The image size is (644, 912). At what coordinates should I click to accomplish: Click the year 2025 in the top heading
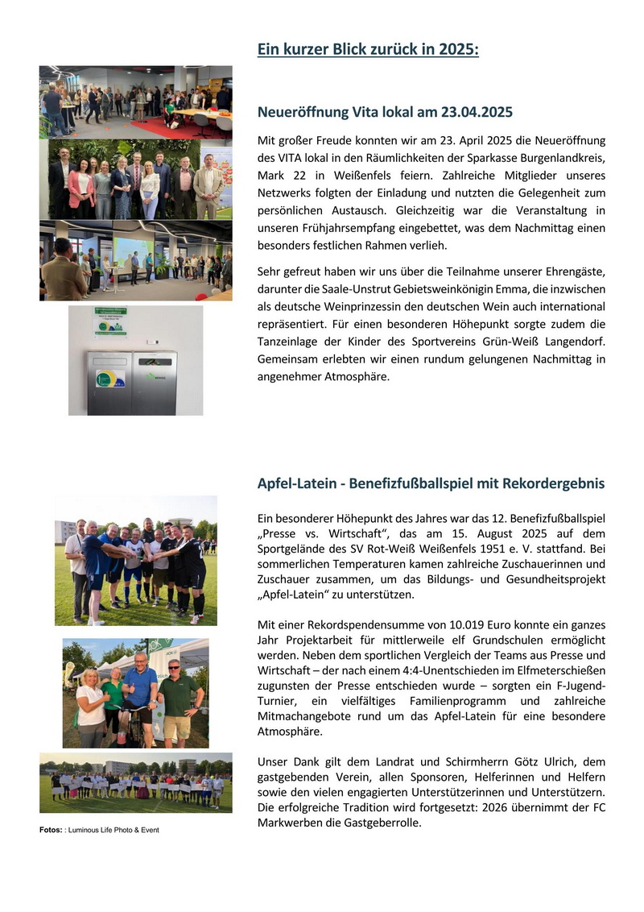click(458, 50)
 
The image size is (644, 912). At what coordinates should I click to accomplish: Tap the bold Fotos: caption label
click(50, 830)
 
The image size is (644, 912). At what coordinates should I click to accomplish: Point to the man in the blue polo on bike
click(141, 693)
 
